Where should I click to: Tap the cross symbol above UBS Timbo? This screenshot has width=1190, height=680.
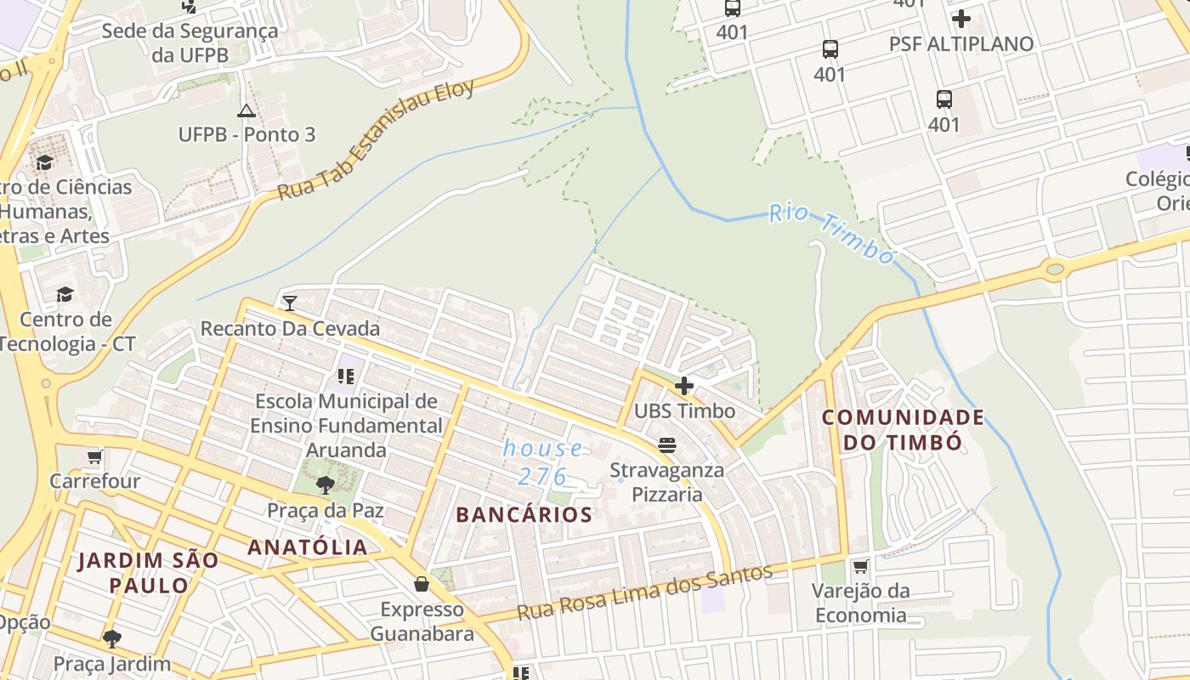coord(684,387)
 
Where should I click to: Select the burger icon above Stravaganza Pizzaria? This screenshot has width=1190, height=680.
coord(667,445)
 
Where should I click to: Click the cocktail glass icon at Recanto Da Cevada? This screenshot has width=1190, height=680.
coord(290,303)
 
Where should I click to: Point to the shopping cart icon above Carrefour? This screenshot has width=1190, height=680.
coord(94,456)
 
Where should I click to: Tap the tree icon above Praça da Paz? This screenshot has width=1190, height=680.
coord(325,485)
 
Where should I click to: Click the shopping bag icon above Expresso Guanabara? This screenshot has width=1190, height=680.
coord(421,584)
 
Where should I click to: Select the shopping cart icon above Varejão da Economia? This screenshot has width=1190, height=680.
coord(860,566)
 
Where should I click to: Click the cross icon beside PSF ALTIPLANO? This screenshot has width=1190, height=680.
coord(961,19)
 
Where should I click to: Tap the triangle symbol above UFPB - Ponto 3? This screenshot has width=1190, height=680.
coord(246,110)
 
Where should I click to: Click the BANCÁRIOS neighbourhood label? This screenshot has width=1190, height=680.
coord(524,514)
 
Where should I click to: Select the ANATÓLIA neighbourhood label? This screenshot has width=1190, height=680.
coord(308,547)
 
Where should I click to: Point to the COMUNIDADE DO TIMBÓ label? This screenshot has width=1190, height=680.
coord(903,429)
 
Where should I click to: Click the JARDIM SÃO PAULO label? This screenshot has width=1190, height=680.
coord(149,572)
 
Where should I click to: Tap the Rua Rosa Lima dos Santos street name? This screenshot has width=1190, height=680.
coord(645,592)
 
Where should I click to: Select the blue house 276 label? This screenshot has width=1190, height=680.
coord(543,462)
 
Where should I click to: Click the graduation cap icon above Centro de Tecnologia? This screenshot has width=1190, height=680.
coord(65,295)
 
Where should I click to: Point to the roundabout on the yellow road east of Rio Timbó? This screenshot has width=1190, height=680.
coord(1055,270)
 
